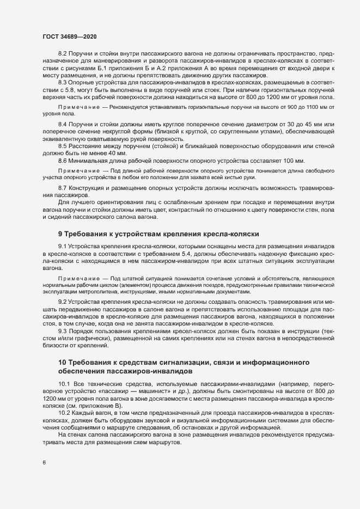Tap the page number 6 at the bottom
[x=44, y=463]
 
